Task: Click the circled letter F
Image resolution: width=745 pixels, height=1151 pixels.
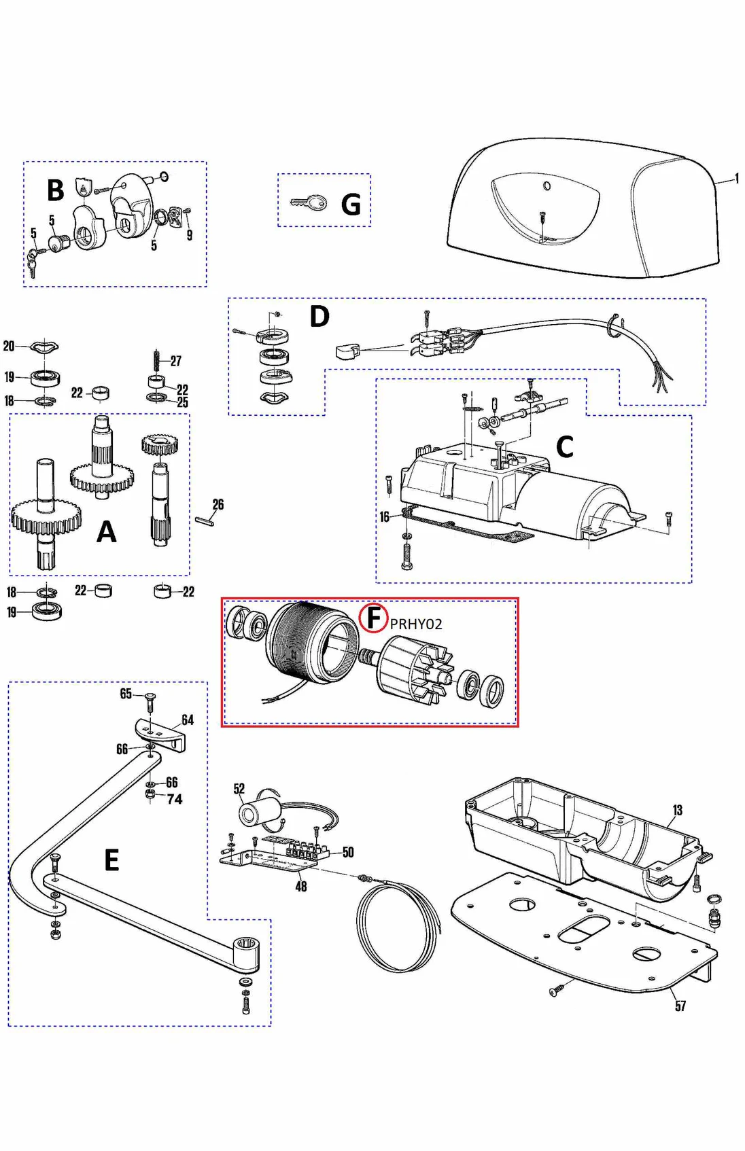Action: (373, 618)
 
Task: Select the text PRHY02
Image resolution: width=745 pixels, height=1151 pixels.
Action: (416, 624)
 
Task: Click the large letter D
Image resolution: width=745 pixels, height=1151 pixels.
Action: (319, 317)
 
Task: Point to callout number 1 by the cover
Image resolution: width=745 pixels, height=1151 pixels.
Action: (737, 179)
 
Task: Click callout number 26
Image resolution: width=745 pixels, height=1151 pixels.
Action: (218, 505)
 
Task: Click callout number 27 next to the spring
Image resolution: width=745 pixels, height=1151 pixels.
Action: (176, 361)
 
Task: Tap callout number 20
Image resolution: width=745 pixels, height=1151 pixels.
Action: (9, 347)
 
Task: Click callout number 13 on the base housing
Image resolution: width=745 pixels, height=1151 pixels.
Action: (677, 810)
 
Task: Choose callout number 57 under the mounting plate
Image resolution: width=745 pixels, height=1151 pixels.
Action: (680, 1006)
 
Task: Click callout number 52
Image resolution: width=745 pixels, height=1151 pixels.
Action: (239, 789)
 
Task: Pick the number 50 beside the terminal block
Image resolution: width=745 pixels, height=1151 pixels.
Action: (348, 852)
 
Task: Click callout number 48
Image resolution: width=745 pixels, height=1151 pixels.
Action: (301, 887)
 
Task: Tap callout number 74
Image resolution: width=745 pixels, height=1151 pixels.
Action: (175, 800)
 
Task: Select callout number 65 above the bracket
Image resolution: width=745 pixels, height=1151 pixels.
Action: (126, 694)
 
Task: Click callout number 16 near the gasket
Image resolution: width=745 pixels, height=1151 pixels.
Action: (385, 517)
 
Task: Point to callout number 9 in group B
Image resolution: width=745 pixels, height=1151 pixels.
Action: (190, 235)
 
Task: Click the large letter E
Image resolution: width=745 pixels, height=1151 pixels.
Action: (112, 860)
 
